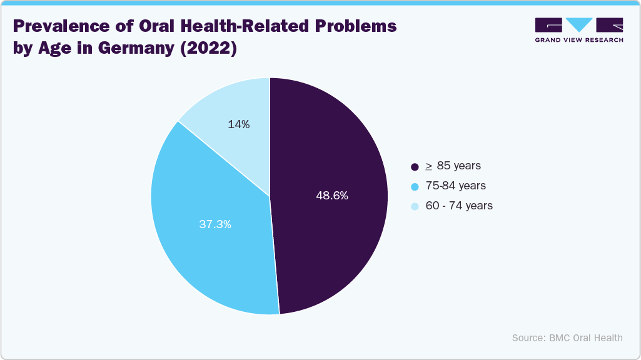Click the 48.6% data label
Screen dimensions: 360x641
332,196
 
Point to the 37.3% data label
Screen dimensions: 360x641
215,224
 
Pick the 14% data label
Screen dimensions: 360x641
239,124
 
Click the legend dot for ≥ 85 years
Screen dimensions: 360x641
415,167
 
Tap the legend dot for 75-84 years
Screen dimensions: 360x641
415,186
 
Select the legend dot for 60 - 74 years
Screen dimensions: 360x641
415,206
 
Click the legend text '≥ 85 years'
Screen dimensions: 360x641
453,166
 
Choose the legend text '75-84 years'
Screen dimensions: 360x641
455,186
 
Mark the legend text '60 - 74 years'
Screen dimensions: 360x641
459,206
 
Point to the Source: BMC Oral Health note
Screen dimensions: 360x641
567,337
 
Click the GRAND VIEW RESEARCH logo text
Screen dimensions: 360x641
579,40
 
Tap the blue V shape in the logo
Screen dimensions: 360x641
580,24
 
